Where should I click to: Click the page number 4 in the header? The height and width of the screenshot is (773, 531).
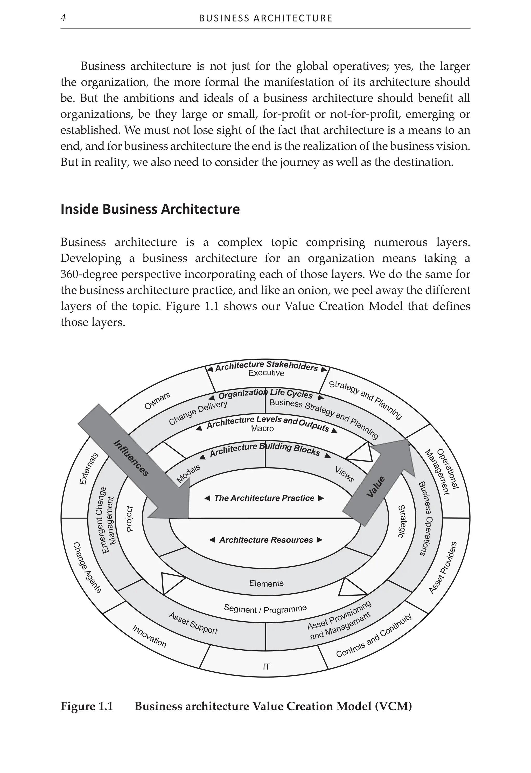click(63, 18)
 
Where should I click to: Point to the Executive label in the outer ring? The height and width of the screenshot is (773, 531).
click(266, 373)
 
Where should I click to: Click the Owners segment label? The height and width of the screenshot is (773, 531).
click(157, 400)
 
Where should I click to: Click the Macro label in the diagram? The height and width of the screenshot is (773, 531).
click(262, 429)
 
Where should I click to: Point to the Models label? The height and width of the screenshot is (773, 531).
click(188, 473)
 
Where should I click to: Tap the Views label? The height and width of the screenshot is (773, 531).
click(344, 475)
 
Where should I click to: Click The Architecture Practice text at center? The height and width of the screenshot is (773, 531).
click(264, 498)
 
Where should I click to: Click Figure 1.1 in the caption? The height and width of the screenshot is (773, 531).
click(87, 706)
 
